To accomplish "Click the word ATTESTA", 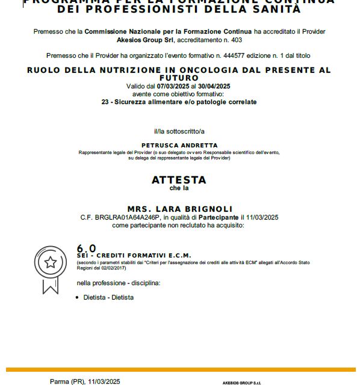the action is pyautogui.click(x=179, y=180).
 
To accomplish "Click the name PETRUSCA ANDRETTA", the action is pyautogui.click(x=179, y=146).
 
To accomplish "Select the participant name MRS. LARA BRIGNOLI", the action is pyautogui.click(x=179, y=209).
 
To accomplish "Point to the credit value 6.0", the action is pyautogui.click(x=86, y=248).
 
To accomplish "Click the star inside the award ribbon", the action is pyautogui.click(x=51, y=262).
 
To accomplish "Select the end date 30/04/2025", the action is pyautogui.click(x=213, y=87).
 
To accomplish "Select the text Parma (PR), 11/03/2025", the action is pyautogui.click(x=85, y=381).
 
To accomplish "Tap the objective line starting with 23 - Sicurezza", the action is pyautogui.click(x=179, y=102).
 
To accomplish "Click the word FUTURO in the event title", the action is pyautogui.click(x=179, y=78).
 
